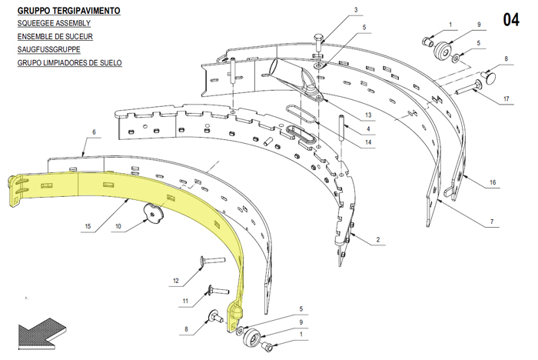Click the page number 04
pos(511,19)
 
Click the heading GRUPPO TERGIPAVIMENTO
pos(68,11)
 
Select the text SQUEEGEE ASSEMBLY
pos(54,23)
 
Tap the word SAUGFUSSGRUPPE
pos(48,49)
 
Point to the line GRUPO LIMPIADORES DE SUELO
pos(70,63)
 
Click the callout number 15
pos(88,226)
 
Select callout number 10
pos(118,226)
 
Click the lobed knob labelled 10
pos(153,212)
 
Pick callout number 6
pos(94,132)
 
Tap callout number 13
pos(368,115)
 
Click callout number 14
pos(368,142)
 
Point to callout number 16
pos(493,182)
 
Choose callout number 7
pos(492,222)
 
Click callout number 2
pos(378,239)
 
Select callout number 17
pos(506,99)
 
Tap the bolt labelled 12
pos(212,260)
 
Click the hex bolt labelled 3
pos(318,43)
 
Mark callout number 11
pos(185,301)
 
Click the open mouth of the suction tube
pos(274,68)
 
